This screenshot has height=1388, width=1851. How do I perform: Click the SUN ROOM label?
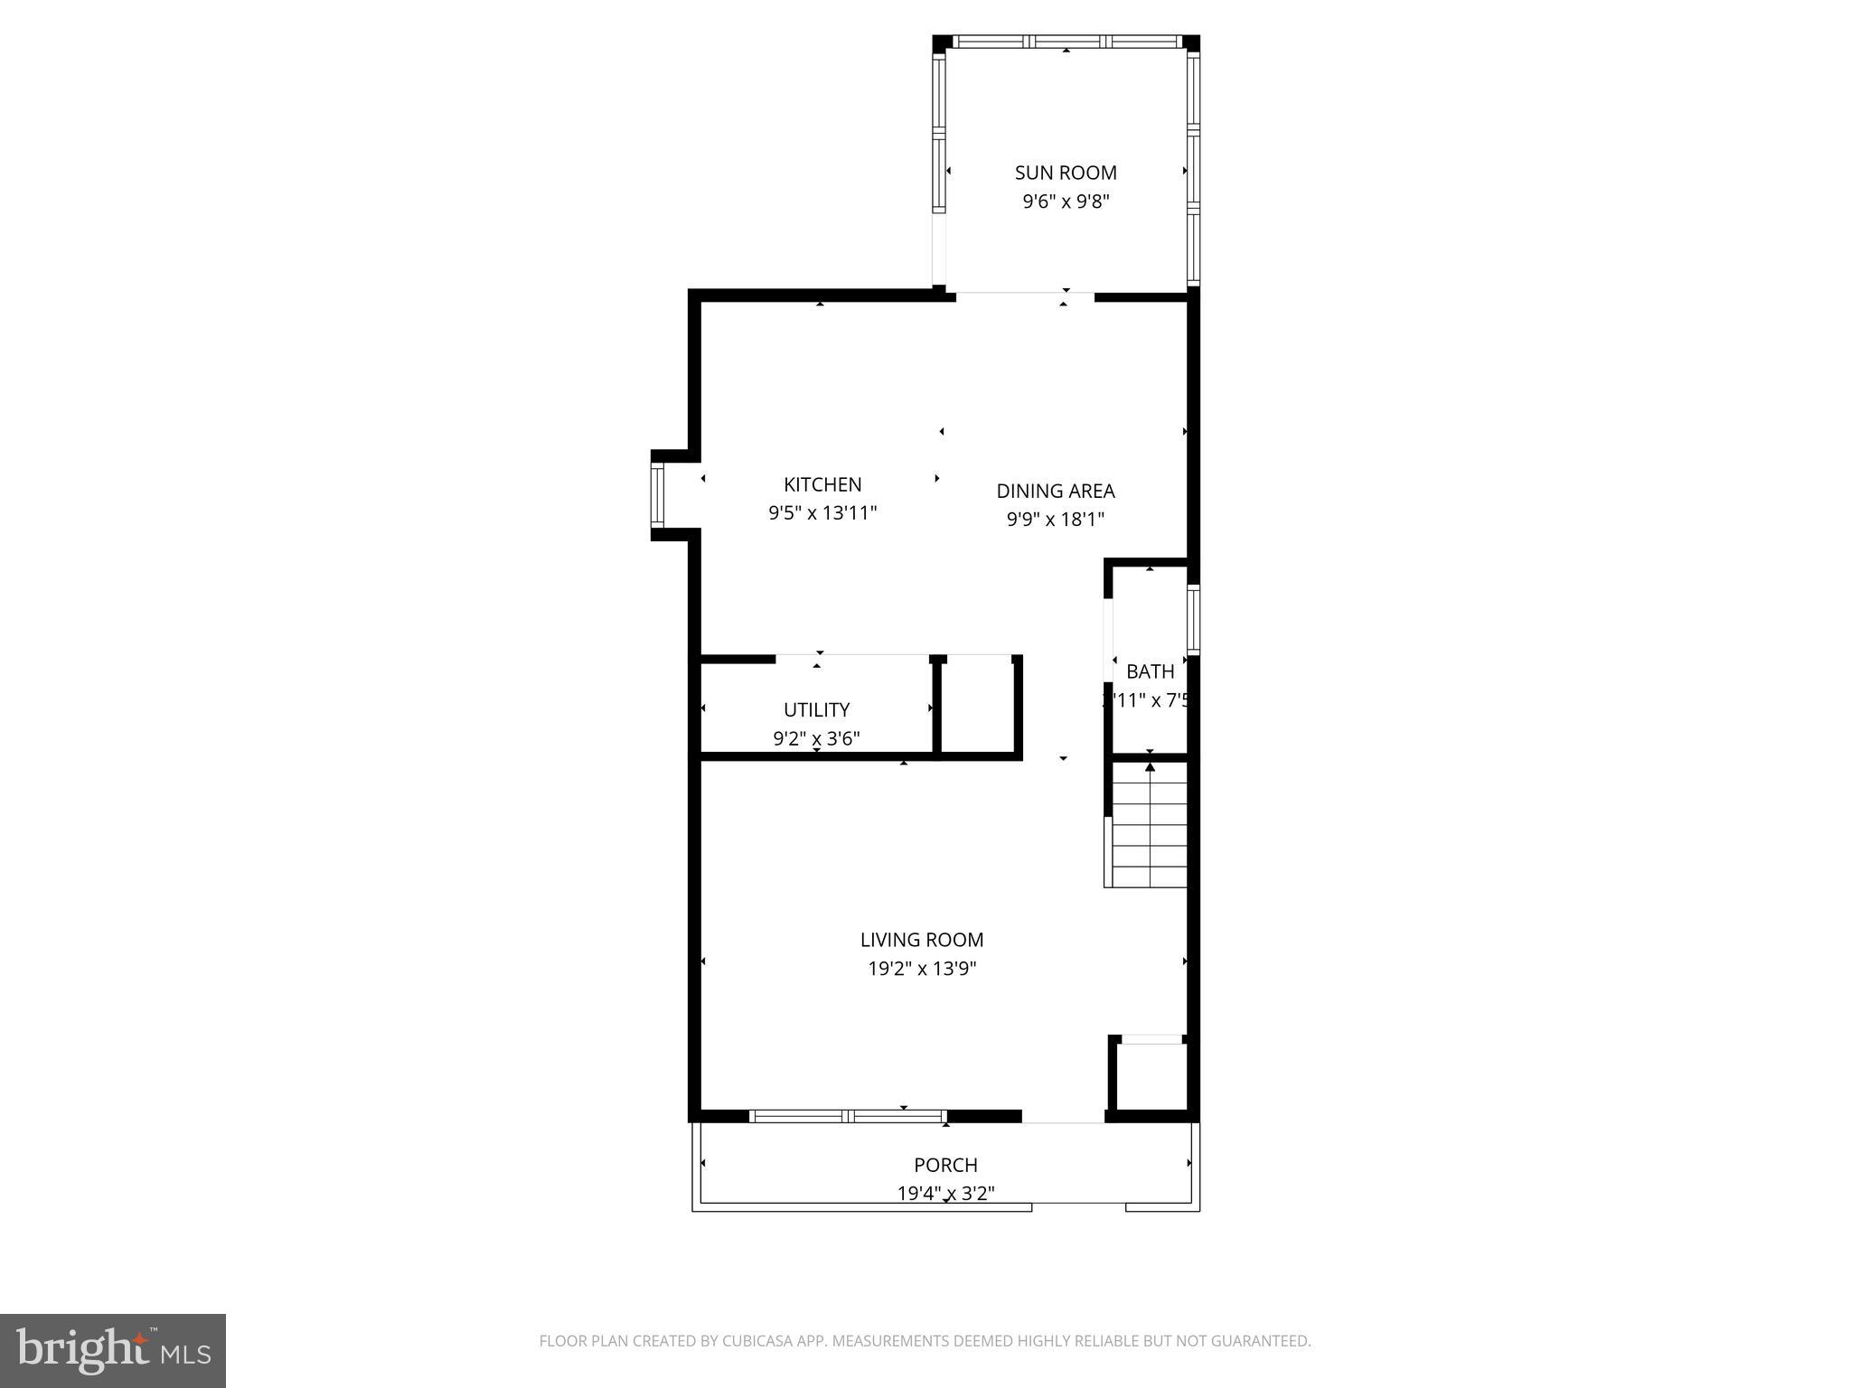[x=1066, y=173]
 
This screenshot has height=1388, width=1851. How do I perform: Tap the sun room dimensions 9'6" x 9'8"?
[x=1066, y=202]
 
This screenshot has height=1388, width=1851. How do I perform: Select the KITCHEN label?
[x=822, y=484]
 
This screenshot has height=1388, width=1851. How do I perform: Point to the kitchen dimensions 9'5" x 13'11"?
[x=822, y=513]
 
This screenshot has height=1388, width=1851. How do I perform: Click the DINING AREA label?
[x=1056, y=491]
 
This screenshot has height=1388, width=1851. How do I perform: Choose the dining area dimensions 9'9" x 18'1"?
[x=1056, y=520]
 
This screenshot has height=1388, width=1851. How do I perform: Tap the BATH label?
[x=1150, y=671]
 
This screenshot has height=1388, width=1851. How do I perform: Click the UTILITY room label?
[x=816, y=709]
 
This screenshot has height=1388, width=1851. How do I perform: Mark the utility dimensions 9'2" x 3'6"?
[x=816, y=738]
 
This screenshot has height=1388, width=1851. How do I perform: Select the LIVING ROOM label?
[x=922, y=940]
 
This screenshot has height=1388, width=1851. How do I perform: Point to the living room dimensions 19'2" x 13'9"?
[x=922, y=969]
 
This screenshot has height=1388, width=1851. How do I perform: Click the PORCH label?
[x=945, y=1165]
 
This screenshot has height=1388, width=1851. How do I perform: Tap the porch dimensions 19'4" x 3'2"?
[x=945, y=1194]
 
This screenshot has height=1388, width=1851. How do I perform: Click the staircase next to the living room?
[x=1148, y=824]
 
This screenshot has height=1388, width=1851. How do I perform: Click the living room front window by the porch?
[x=848, y=1116]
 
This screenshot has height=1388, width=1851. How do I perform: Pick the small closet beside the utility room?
[x=978, y=705]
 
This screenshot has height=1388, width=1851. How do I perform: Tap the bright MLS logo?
[x=113, y=1351]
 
